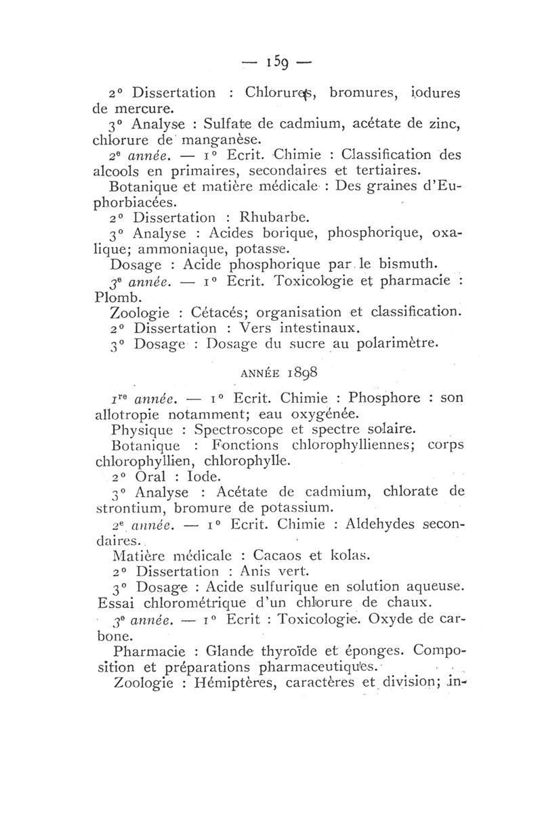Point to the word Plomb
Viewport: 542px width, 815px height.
(x=124, y=296)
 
